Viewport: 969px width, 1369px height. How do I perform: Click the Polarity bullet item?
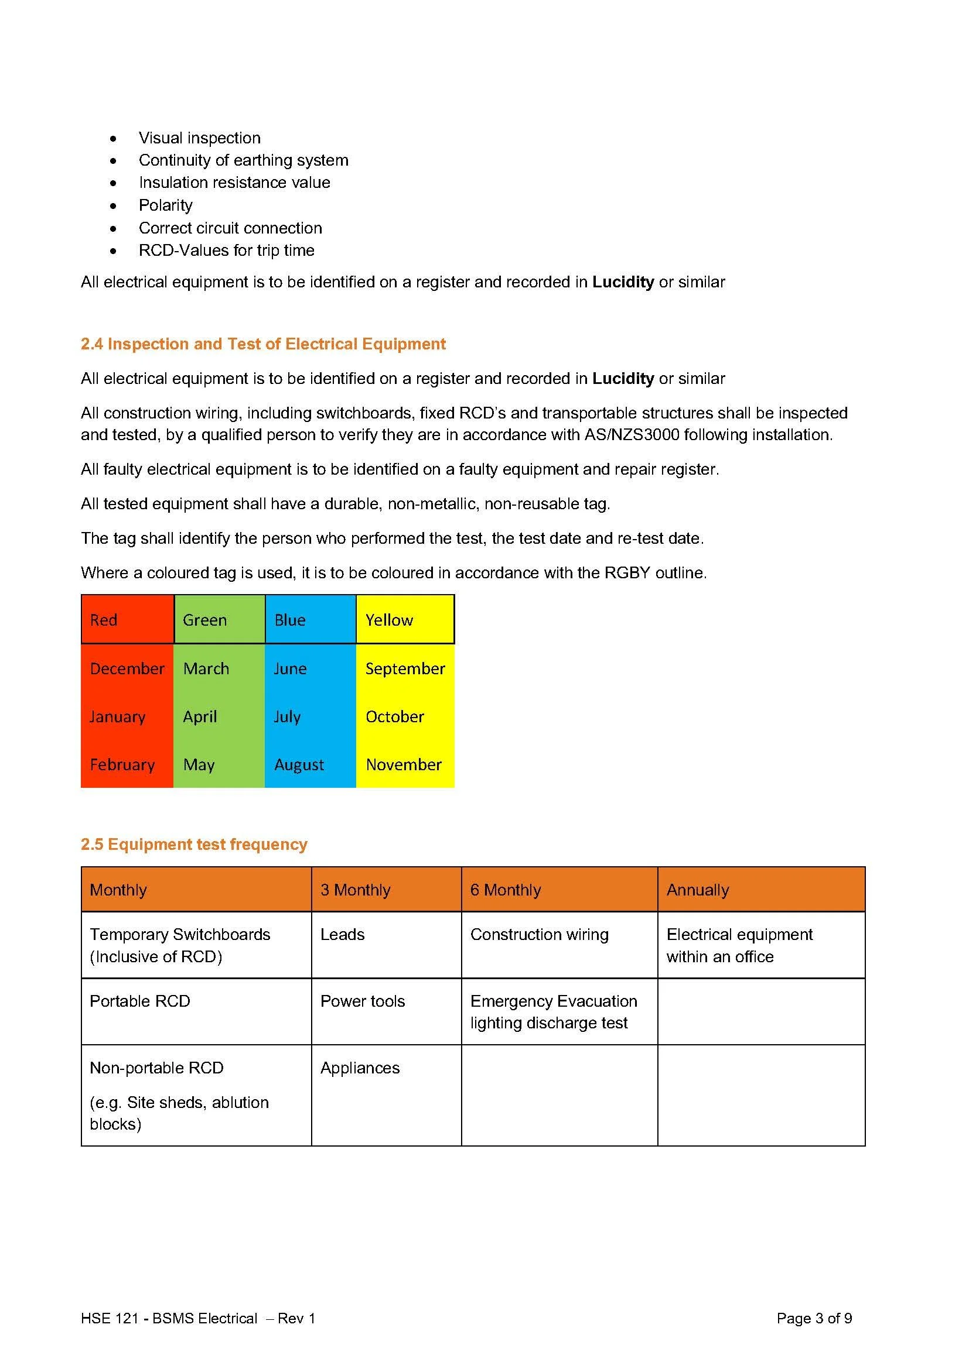click(165, 205)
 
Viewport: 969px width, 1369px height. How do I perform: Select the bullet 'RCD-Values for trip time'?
click(226, 251)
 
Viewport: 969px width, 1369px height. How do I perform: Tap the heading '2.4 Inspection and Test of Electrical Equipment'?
click(263, 344)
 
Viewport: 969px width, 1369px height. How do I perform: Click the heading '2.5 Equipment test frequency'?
click(194, 845)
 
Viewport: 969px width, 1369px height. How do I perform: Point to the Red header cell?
click(127, 619)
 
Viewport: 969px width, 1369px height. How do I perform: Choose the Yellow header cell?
click(405, 619)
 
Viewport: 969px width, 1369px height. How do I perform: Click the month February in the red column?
click(122, 764)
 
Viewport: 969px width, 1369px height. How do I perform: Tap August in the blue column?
click(299, 764)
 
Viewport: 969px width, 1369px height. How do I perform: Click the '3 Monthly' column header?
click(355, 890)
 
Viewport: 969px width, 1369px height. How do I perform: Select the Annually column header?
click(698, 890)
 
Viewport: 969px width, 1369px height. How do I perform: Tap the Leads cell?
click(342, 934)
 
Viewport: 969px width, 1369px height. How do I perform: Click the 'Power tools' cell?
click(362, 1001)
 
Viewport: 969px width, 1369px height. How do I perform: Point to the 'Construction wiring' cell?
click(539, 934)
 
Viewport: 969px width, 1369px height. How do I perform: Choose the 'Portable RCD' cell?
click(139, 1001)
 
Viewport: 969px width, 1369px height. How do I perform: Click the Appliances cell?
click(360, 1068)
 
